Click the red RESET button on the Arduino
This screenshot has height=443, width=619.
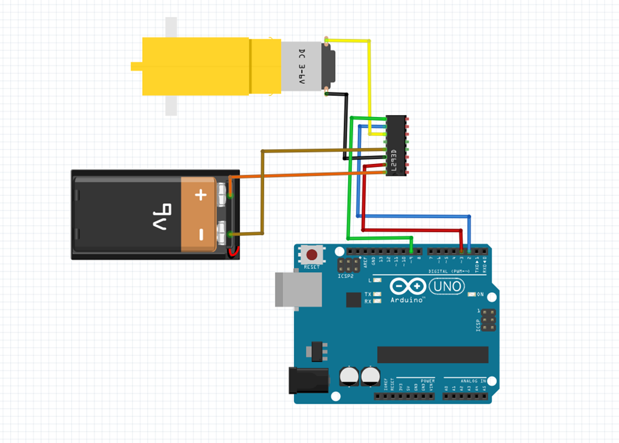click(x=312, y=255)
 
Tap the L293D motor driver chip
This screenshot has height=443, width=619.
click(x=396, y=145)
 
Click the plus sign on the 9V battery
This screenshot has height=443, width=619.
click(x=201, y=194)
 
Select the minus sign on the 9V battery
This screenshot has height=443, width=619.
click(x=201, y=235)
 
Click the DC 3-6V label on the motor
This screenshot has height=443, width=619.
click(x=302, y=67)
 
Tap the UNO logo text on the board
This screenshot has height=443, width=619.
click(x=447, y=287)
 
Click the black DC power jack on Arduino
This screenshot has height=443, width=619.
click(x=309, y=380)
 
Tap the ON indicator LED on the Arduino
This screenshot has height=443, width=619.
click(x=472, y=294)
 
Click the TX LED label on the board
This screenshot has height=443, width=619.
click(x=368, y=294)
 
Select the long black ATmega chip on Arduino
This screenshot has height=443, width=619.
click(x=433, y=355)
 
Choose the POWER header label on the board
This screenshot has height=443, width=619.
click(x=427, y=381)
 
